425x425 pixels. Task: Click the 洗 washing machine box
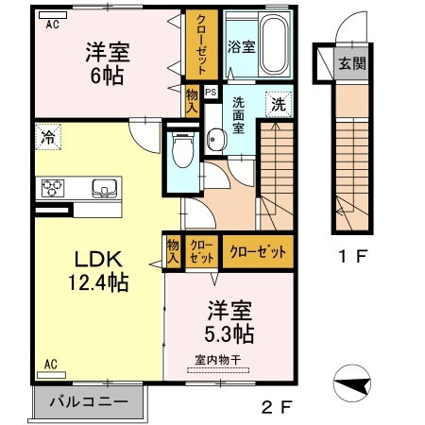pyautogui.click(x=280, y=103)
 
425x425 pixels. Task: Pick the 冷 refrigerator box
pyautogui.click(x=47, y=138)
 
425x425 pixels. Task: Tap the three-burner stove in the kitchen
pyautogui.click(x=51, y=187)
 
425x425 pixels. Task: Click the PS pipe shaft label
pyautogui.click(x=210, y=93)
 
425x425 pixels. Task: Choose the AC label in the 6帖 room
pyautogui.click(x=52, y=26)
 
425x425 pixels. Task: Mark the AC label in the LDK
pyautogui.click(x=49, y=363)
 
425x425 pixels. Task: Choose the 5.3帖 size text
pyautogui.click(x=229, y=333)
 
